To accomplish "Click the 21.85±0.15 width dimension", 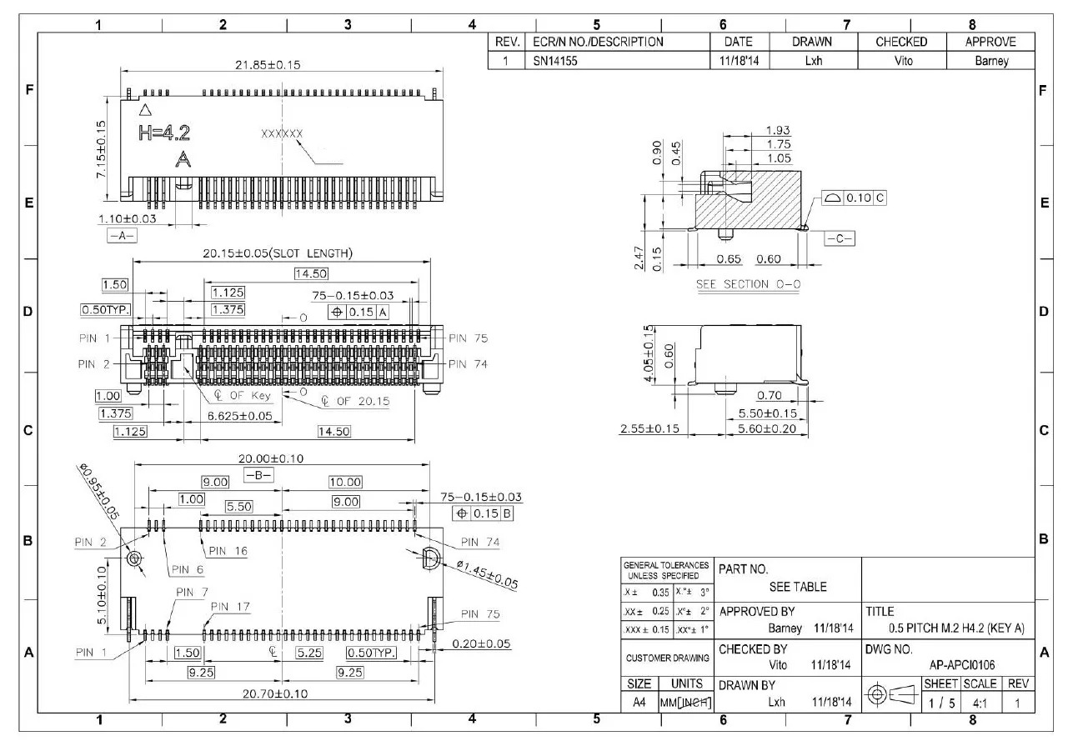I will click(267, 65).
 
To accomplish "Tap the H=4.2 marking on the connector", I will click(163, 132).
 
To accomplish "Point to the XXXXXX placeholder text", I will click(282, 133).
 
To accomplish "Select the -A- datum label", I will click(122, 236).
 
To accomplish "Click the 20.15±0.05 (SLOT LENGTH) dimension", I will click(278, 253).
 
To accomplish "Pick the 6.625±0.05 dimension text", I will click(239, 416).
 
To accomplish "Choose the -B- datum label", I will click(258, 475).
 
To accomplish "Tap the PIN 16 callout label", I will click(228, 551).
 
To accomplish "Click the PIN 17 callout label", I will click(230, 606).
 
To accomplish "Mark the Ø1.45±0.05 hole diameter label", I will click(487, 574).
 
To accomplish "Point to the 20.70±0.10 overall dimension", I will click(274, 693).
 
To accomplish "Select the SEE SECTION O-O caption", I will click(748, 284).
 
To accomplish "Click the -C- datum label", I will click(839, 238).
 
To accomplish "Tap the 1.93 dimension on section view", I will click(778, 131).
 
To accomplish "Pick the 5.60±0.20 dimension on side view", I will click(767, 428).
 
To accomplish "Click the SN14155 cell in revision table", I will click(557, 61).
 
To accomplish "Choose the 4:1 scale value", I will click(979, 703).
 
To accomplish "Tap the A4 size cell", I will click(639, 703).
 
